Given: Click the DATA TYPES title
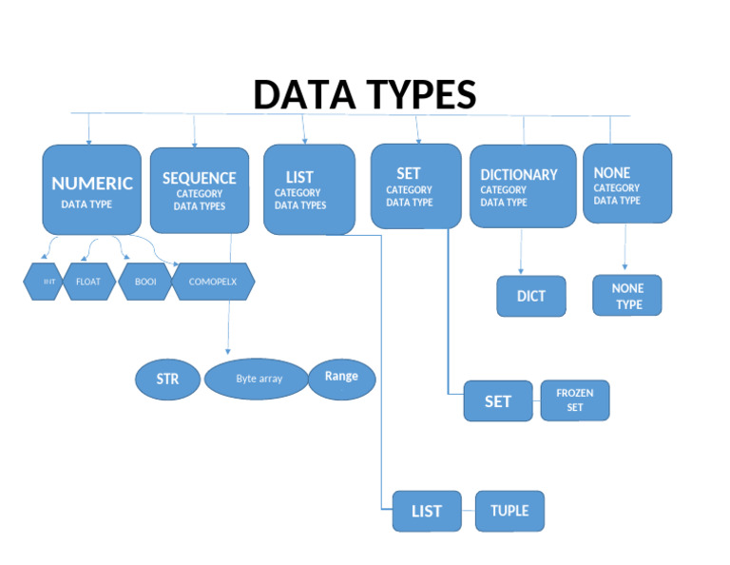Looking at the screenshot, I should click(x=364, y=95).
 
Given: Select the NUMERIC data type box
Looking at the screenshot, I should click(x=91, y=188).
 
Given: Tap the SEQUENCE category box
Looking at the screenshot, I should click(x=199, y=189).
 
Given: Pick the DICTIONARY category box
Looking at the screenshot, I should click(x=523, y=185).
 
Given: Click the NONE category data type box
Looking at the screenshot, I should click(x=627, y=184).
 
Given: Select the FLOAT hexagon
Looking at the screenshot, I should click(x=87, y=282).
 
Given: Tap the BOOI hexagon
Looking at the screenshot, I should click(x=144, y=282).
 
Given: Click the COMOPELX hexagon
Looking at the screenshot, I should click(x=213, y=282).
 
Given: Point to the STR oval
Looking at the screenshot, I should click(x=168, y=379).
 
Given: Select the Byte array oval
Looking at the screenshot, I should click(x=259, y=379).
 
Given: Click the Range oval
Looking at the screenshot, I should click(x=342, y=378).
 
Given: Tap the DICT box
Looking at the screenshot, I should click(x=531, y=296).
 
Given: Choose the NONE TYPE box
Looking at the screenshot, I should click(x=627, y=296).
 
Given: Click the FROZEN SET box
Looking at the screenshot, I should click(x=575, y=399).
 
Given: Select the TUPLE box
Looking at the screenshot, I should click(x=509, y=511).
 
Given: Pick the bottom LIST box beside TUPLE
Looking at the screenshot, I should click(x=427, y=511).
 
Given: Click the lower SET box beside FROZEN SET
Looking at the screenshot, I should click(x=498, y=400).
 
